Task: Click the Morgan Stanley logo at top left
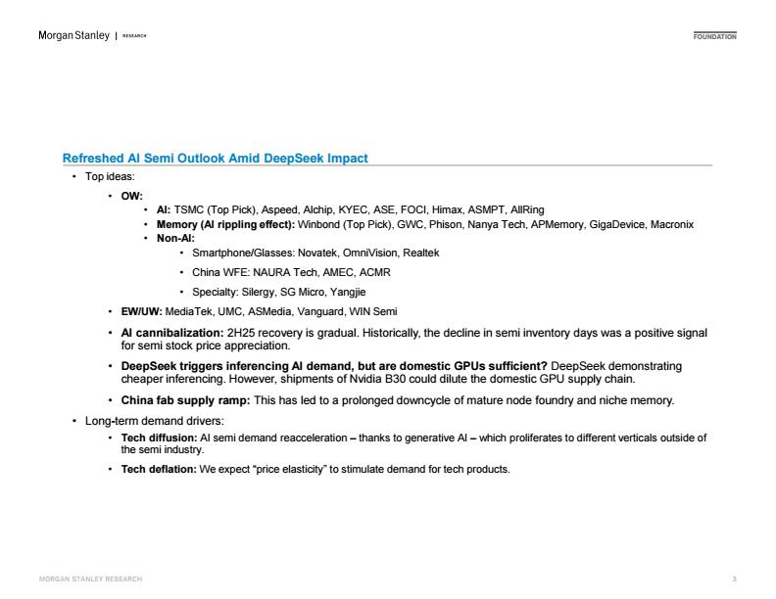coord(73,36)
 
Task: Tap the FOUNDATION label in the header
coord(714,36)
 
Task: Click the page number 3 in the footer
coord(734,579)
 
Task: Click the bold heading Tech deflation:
coord(159,470)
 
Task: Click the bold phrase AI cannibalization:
coord(171,334)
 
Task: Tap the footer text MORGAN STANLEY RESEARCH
coord(90,579)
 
